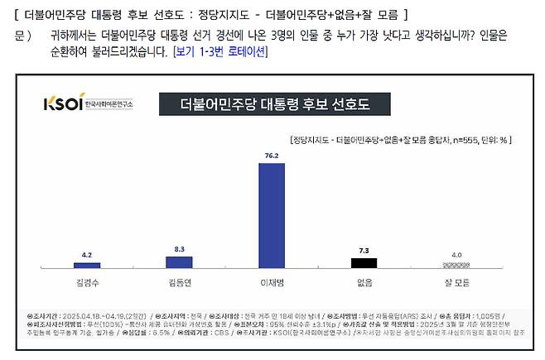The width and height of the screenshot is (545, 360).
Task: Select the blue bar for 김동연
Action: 181,262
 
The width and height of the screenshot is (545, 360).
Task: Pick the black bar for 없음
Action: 363,262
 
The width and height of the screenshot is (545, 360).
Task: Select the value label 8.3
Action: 181,247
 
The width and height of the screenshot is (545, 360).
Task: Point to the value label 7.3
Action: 363,249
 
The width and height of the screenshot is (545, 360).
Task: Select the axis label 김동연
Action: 181,281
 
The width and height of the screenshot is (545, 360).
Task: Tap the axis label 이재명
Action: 272,281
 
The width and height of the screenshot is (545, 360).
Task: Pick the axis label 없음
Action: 363,281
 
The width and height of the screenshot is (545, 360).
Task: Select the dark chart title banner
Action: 275,104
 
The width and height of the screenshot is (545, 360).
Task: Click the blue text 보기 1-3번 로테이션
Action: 219,51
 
